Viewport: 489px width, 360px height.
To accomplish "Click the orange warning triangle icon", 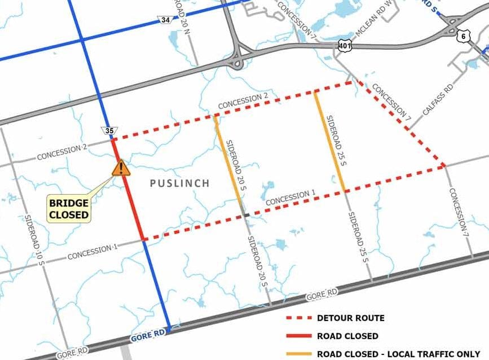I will click(120, 168).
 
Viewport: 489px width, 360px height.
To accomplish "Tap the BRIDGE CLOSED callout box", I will click(69, 209).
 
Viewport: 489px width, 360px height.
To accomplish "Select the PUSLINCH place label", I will click(179, 183).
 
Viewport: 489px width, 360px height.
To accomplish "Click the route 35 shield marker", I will click(109, 131).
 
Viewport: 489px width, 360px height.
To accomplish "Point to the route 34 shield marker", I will click(164, 21).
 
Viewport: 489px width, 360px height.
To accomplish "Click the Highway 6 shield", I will click(463, 36).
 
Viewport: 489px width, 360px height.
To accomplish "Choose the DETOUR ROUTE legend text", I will click(350, 318).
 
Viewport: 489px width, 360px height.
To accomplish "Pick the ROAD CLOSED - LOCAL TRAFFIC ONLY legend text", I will click(398, 353).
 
